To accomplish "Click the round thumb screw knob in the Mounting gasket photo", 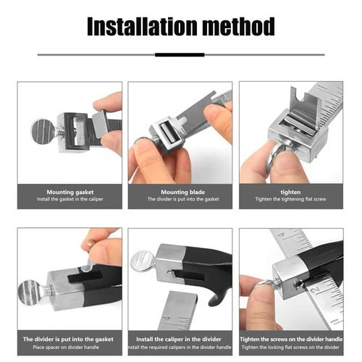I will (43, 132).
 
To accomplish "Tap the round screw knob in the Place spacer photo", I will (33, 292).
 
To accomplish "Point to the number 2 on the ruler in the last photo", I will (316, 290).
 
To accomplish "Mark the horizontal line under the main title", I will (180, 54).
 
